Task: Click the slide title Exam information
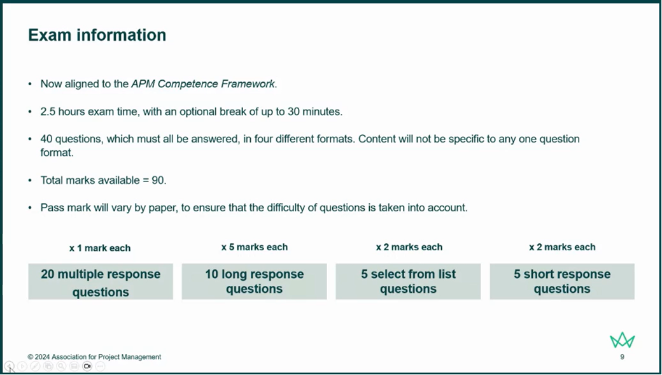pyautogui.click(x=97, y=35)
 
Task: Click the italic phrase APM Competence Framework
pyautogui.click(x=203, y=84)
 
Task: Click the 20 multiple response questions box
pyautogui.click(x=101, y=282)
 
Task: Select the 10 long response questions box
pyautogui.click(x=254, y=281)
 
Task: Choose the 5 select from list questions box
pyautogui.click(x=408, y=281)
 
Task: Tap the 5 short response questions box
pyautogui.click(x=562, y=281)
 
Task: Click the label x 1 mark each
pyautogui.click(x=100, y=248)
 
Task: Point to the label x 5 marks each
pyautogui.click(x=254, y=247)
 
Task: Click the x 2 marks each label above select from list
pyautogui.click(x=409, y=247)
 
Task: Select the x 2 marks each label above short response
pyautogui.click(x=562, y=247)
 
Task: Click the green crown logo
pyautogui.click(x=622, y=340)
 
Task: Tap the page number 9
pyautogui.click(x=622, y=357)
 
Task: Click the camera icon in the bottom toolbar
pyautogui.click(x=87, y=366)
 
